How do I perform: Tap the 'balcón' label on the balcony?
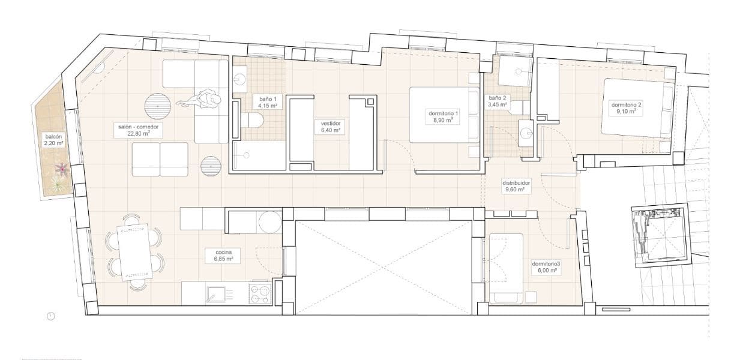coord(52,136)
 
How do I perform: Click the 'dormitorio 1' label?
coord(444,113)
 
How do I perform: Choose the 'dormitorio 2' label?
coord(627,105)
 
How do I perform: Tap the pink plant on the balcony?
coord(61,173)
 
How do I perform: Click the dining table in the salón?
coord(134,252)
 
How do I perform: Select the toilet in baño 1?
coord(251,121)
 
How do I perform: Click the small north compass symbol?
coord(51,316)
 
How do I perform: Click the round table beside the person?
coord(158,106)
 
